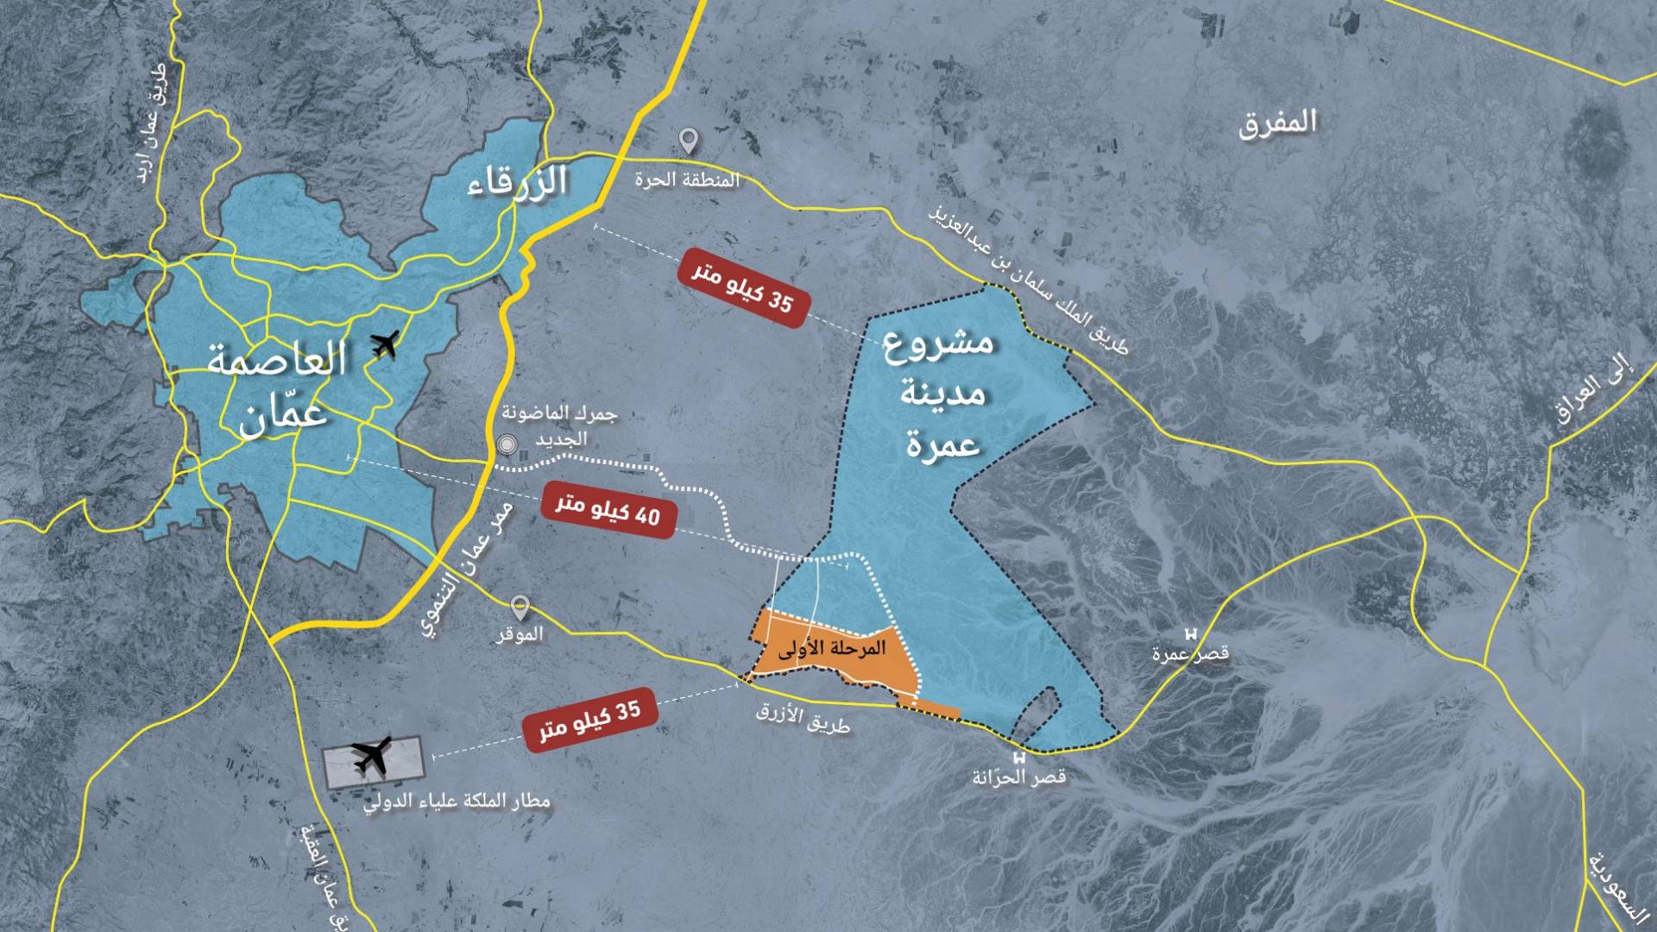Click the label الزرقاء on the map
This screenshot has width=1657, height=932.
coord(517,182)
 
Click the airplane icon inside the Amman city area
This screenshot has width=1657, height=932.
coord(385,343)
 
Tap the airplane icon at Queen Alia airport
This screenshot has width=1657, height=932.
coord(373,757)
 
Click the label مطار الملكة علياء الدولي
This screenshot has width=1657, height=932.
coord(456,802)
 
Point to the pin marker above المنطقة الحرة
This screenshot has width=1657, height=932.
coord(688,141)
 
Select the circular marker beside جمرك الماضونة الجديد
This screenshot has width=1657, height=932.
coord(507,445)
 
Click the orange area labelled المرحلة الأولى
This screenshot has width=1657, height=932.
coord(832,649)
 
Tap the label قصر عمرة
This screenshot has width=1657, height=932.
coord(1190,654)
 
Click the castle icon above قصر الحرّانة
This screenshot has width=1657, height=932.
coord(1019,758)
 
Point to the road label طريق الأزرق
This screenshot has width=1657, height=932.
coord(803,718)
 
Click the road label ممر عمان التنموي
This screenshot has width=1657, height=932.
coord(467,570)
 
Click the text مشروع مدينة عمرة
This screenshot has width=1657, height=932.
coord(942,394)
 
